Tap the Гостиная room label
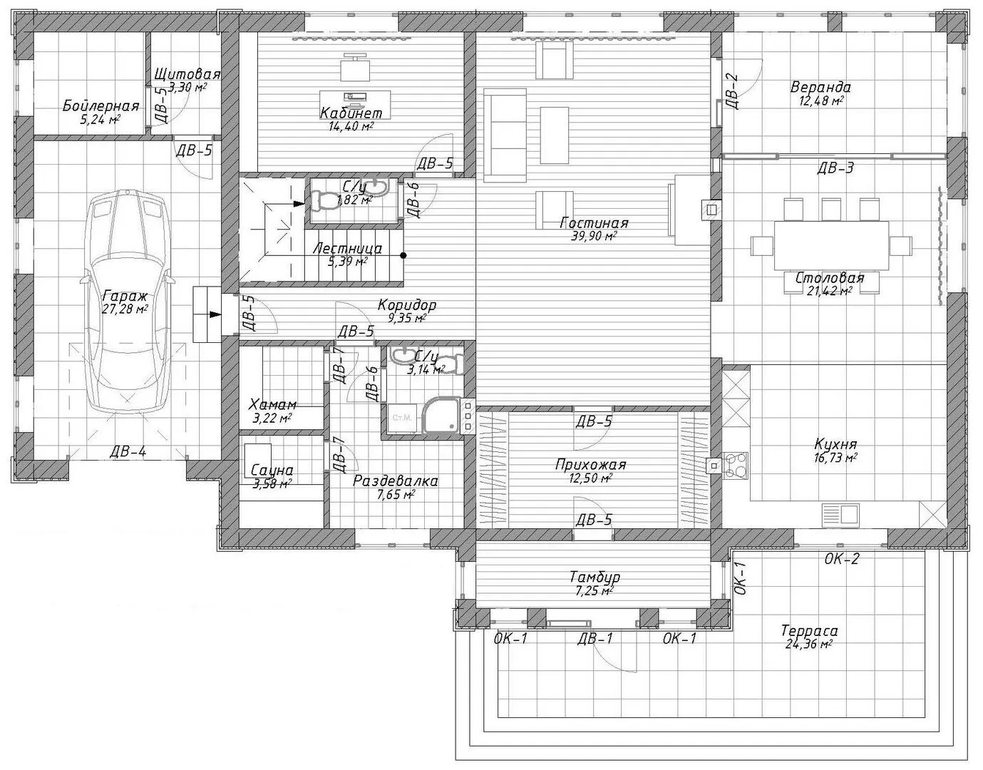tap(594, 223)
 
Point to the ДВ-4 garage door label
tap(128, 451)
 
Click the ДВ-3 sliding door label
tap(835, 168)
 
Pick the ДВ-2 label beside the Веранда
tap(731, 91)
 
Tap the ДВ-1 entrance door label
tap(595, 639)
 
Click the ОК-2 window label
tap(841, 559)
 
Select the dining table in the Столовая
tap(831, 245)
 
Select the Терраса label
tap(809, 630)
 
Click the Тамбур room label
tap(595, 577)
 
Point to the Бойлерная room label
tap(101, 106)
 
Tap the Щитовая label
tap(187, 73)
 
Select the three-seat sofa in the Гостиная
tap(505, 135)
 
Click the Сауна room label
tap(272, 471)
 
